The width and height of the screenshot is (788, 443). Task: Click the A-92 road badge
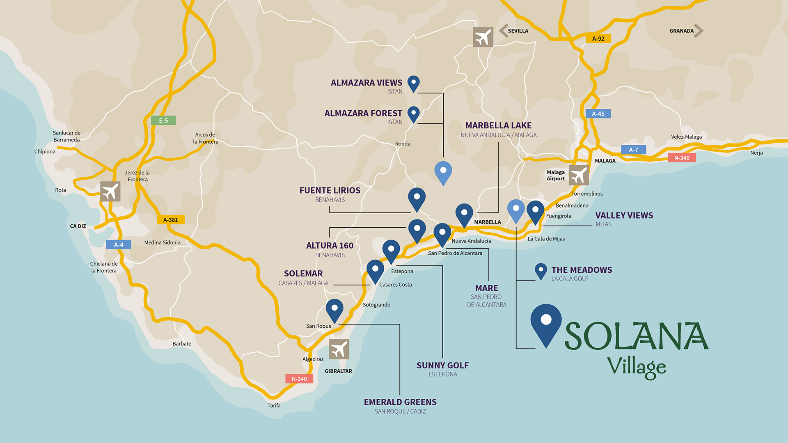[x=598, y=39]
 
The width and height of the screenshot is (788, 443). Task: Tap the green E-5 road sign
[x=163, y=120]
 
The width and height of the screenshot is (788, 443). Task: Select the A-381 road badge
[x=171, y=220]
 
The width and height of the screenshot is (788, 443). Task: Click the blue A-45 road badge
[x=598, y=114]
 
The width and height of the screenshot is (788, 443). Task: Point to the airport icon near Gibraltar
[x=339, y=349]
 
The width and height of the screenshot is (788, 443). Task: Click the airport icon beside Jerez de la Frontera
[x=110, y=191]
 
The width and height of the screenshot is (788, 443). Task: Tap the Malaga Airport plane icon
[x=579, y=176]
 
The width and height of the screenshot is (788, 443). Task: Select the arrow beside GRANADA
[x=699, y=31]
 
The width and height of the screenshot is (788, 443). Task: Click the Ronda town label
[x=403, y=144]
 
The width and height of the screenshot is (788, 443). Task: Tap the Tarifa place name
[x=274, y=405]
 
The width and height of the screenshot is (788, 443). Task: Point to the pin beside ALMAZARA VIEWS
[x=413, y=83]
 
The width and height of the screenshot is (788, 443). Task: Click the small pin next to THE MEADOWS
[x=541, y=271]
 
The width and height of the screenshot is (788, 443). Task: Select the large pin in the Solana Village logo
[x=546, y=324]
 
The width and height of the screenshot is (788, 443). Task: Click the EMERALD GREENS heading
[x=400, y=402]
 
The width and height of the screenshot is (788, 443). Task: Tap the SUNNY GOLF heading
[x=442, y=365]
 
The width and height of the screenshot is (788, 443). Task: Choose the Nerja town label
[x=756, y=153]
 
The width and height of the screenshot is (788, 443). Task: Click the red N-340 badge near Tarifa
[x=299, y=379]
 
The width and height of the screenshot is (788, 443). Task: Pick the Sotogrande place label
[x=376, y=305]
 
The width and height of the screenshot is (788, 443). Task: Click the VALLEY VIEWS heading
[x=624, y=215]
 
